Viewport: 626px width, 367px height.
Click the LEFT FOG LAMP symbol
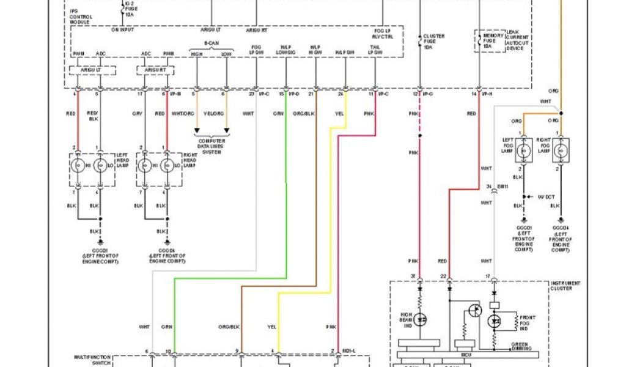(524, 149)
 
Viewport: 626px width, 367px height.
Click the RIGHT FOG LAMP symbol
(561, 149)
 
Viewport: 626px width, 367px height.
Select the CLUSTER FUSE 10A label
(434, 42)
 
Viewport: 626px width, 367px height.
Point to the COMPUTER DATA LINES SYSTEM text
(211, 145)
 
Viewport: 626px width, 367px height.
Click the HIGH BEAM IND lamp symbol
(421, 319)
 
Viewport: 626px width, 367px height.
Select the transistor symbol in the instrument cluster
(474, 311)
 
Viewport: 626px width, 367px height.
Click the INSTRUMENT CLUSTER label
(565, 285)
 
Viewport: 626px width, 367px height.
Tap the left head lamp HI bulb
(78, 165)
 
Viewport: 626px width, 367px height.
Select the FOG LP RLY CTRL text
(383, 32)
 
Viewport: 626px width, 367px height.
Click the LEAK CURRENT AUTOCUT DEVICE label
(518, 40)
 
